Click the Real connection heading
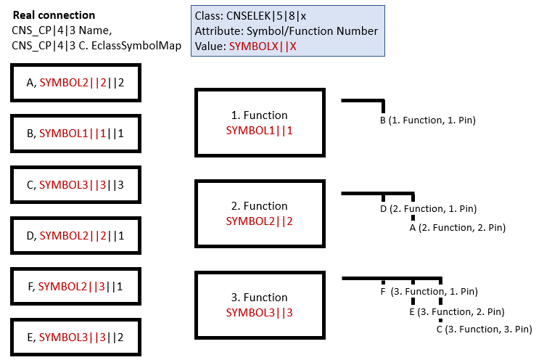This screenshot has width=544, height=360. tap(54, 15)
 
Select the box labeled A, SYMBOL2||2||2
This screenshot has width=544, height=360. tap(75, 83)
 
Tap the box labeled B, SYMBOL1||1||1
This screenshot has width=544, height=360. tap(75, 134)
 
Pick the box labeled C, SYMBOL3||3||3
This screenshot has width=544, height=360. tap(75, 185)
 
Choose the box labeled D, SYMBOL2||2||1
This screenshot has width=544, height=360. tap(75, 236)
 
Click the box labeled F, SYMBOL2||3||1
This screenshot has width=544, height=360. tap(75, 287)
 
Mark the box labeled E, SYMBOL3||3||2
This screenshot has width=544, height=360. tap(75, 337)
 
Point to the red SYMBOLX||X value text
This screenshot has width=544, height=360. tap(263, 45)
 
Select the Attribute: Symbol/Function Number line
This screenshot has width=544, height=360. tap(286, 30)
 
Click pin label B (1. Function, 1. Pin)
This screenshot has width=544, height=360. tap(427, 120)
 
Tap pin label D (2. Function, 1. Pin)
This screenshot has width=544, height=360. tap(428, 209)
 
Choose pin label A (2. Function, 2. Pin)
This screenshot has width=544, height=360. tap(457, 228)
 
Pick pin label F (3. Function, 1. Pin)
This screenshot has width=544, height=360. tap(429, 292)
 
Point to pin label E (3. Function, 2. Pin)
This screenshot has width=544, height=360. tap(456, 312)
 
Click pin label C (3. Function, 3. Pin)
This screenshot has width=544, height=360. tap(484, 330)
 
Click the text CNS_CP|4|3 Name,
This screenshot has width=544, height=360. tap(61, 30)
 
